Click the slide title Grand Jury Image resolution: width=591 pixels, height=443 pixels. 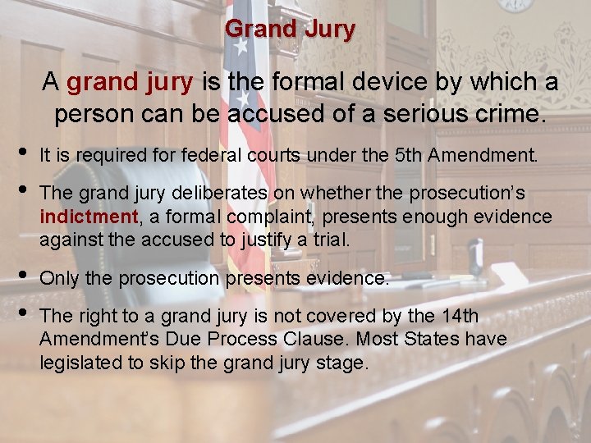coord(290,30)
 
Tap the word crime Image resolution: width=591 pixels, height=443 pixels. coord(508,114)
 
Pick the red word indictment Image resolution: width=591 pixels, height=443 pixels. coord(88,217)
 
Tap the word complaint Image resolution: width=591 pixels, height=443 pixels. coord(268,217)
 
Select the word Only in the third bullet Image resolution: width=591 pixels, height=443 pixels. coord(58,278)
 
